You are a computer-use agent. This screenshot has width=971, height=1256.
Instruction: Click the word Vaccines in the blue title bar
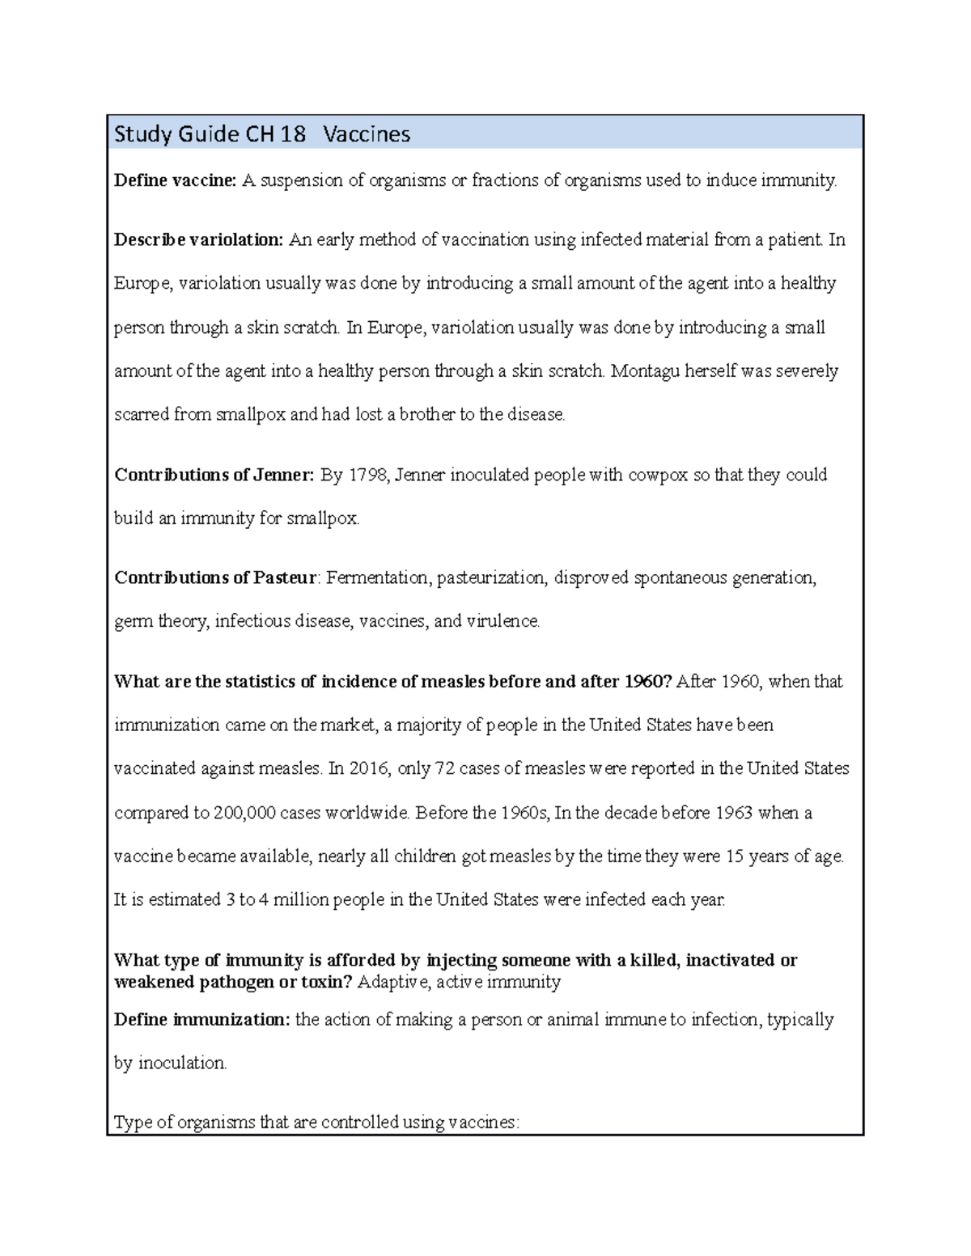367,133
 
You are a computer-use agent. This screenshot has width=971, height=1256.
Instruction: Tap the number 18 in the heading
293,133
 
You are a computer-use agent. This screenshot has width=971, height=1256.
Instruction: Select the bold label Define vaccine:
175,180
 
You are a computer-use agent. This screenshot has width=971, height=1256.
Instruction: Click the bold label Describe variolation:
199,240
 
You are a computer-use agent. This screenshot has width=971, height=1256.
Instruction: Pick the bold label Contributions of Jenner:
214,475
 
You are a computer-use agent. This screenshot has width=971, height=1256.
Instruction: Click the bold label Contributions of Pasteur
215,578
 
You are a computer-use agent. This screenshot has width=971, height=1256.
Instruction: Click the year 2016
368,768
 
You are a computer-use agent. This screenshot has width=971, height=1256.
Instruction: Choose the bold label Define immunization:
201,1020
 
